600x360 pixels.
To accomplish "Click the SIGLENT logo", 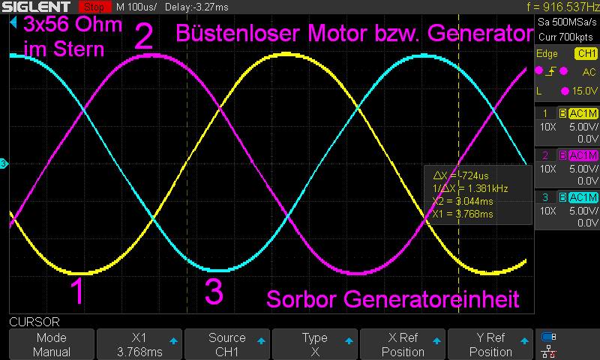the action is (x=36, y=7).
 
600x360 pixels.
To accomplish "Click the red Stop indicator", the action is (x=94, y=7).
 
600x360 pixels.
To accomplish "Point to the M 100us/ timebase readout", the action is (x=136, y=7).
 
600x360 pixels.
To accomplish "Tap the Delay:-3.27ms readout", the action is (x=196, y=7).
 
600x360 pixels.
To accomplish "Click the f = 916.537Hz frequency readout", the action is (x=562, y=7).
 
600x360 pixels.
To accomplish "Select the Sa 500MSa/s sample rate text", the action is (x=567, y=22).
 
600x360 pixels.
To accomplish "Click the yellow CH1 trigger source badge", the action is (x=586, y=53).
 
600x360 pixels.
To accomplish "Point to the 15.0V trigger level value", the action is (x=584, y=91).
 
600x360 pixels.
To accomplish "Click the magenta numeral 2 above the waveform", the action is (x=143, y=36).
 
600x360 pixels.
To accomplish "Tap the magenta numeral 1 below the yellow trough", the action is (x=78, y=291).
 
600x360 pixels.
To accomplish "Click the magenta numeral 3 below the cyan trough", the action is (x=214, y=291).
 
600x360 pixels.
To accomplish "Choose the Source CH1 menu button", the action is (x=227, y=344).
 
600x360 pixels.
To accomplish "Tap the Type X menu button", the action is (x=315, y=344).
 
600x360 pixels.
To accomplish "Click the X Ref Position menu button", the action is (x=403, y=344).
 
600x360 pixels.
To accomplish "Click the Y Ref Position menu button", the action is (x=490, y=344).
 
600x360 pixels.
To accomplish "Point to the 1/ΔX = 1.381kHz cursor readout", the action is (x=470, y=188).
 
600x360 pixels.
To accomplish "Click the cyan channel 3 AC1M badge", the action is (x=583, y=197).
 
